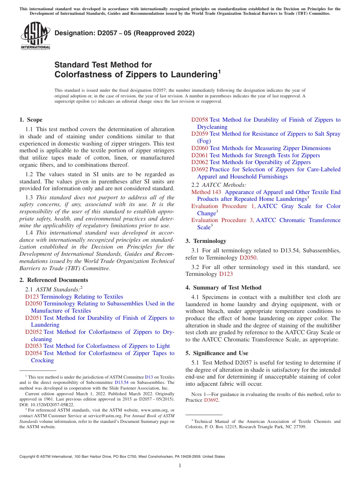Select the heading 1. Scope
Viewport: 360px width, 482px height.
31,120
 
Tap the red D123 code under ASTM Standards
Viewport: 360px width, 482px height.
32,297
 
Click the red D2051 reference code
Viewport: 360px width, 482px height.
33,318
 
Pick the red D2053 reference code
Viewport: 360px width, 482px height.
33,346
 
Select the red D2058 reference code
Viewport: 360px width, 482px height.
199,120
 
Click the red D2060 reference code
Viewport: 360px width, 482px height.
199,148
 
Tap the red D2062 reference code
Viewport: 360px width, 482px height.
199,162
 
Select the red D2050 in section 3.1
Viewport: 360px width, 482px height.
247,258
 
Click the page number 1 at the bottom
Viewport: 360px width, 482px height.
180,466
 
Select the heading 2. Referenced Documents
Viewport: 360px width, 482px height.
54,280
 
